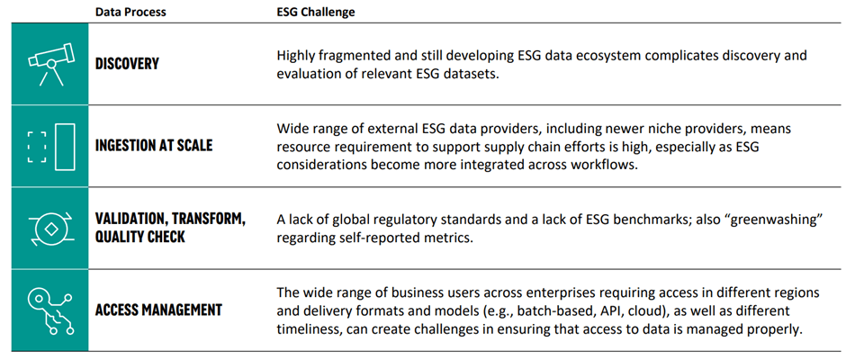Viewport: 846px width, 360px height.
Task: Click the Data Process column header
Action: (x=130, y=12)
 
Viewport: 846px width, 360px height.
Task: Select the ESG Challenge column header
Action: (x=316, y=12)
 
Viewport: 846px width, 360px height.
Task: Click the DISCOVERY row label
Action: (x=127, y=64)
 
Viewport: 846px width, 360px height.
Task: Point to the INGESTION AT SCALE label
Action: (x=154, y=146)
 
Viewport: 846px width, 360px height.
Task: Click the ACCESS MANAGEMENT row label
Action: (x=158, y=310)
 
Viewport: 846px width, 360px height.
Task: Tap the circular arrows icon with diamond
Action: (x=49, y=229)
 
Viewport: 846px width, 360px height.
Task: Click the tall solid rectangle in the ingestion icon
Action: (x=64, y=147)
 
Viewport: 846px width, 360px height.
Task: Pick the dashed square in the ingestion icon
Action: (x=37, y=147)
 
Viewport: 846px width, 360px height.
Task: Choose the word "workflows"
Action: (x=606, y=165)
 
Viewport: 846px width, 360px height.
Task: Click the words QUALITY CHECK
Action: (x=139, y=237)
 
